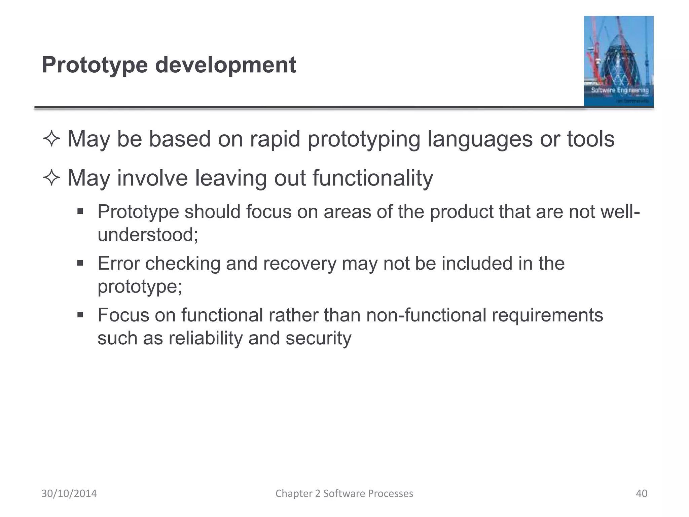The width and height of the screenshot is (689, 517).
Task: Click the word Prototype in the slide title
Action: (x=95, y=65)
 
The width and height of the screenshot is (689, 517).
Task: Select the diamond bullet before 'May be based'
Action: (x=51, y=139)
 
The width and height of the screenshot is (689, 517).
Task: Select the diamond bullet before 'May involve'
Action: (x=51, y=178)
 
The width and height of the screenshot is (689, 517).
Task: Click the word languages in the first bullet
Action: (x=480, y=139)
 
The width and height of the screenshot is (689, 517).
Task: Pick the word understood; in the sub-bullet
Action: (x=148, y=235)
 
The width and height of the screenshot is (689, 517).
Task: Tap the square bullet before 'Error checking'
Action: (x=80, y=263)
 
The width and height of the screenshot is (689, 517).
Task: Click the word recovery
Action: (x=299, y=263)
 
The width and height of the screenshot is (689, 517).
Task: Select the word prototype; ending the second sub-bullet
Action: (x=140, y=287)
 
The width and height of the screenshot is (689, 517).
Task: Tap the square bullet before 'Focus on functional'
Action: (x=80, y=315)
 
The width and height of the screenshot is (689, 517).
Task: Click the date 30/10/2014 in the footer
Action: (x=69, y=493)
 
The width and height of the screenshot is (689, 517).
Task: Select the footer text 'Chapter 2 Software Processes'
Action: (x=344, y=493)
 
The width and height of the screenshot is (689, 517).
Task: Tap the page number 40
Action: (x=641, y=493)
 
